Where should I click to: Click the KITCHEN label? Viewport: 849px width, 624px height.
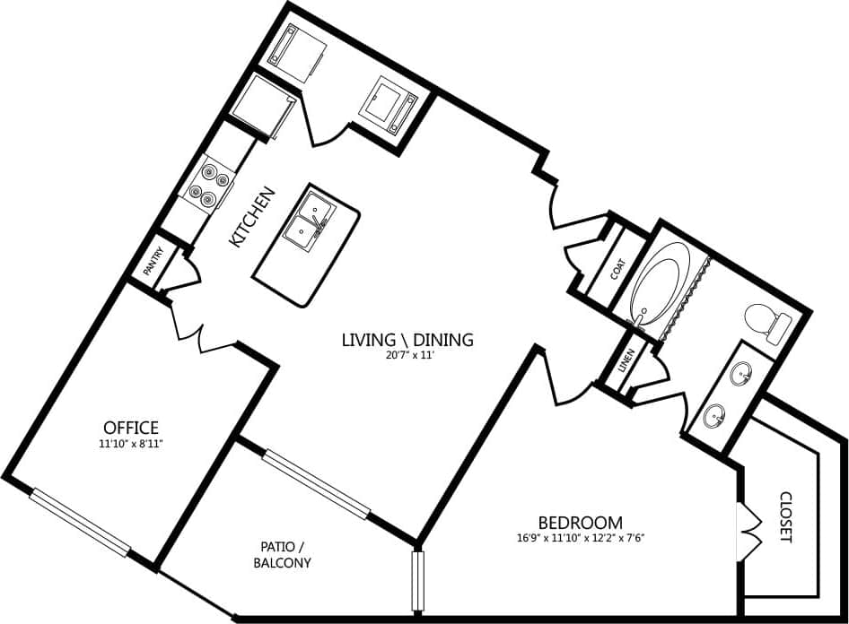pyautogui.click(x=248, y=218)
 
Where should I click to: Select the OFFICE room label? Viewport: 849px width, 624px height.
pyautogui.click(x=131, y=428)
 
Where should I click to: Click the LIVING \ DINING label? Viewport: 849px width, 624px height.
pyautogui.click(x=407, y=340)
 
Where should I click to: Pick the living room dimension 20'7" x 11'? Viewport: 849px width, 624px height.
pyautogui.click(x=407, y=355)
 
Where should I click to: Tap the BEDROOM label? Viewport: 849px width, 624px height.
pyautogui.click(x=580, y=522)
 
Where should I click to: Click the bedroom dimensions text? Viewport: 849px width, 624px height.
pyautogui.click(x=580, y=538)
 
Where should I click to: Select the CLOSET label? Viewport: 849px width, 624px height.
pyautogui.click(x=786, y=517)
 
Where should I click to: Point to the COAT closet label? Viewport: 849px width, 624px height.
pyautogui.click(x=617, y=270)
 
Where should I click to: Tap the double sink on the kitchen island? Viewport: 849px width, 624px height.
pyautogui.click(x=306, y=218)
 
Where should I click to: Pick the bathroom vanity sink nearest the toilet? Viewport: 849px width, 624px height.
pyautogui.click(x=741, y=374)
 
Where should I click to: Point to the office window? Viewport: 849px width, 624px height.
pyautogui.click(x=81, y=522)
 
